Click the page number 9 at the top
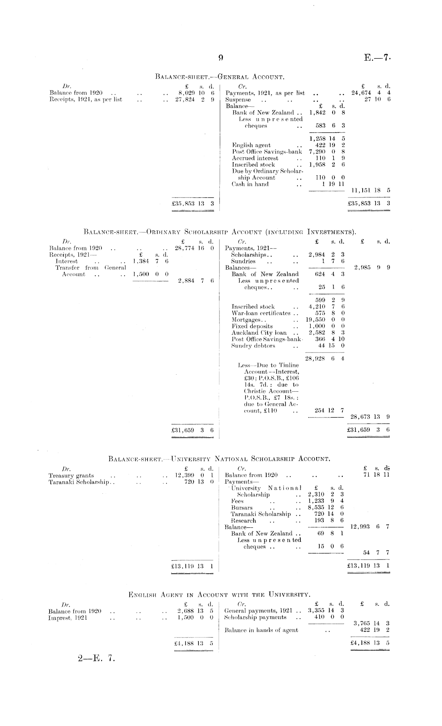point(221,57)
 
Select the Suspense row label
point(238,100)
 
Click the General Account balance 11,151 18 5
point(371,190)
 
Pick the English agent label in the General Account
point(252,145)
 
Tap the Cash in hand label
point(250,184)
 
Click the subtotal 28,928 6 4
point(325,358)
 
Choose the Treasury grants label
point(71,475)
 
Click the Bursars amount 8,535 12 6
point(325,508)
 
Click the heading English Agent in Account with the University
point(219,594)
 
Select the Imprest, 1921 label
point(68,618)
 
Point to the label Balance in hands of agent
point(261,630)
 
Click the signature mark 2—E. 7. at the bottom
point(96,659)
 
